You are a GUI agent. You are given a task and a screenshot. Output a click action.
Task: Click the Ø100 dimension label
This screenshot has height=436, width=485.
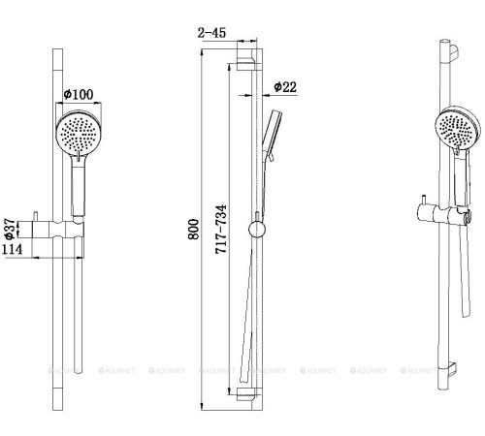click(x=78, y=93)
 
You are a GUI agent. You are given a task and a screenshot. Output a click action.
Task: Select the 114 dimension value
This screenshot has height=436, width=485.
click(x=13, y=250)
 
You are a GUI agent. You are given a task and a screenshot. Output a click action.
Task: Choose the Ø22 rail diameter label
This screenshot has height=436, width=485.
click(x=285, y=86)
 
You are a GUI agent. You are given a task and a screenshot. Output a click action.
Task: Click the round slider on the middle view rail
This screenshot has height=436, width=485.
click(x=255, y=230)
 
